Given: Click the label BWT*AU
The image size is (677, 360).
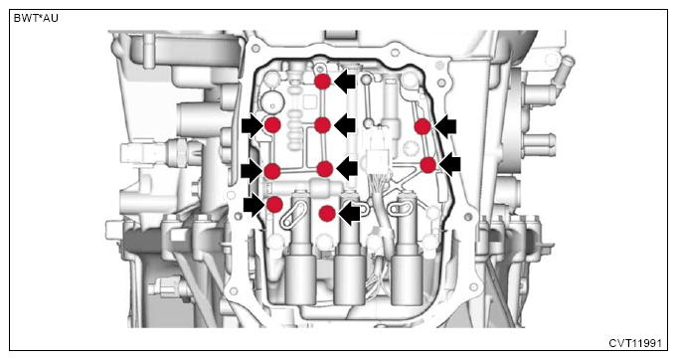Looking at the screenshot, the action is (36, 19).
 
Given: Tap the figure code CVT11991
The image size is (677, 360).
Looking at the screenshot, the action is (635, 343).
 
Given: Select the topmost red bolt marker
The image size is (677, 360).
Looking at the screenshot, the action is (322, 82).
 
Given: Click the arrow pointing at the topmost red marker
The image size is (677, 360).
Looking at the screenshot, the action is (345, 82).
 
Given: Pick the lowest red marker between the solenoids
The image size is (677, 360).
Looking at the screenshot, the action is (327, 213).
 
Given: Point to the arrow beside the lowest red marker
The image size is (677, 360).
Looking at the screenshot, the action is (349, 213).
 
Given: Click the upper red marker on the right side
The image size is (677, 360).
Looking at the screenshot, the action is (423, 127).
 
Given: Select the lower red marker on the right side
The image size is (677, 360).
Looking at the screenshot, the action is (427, 165).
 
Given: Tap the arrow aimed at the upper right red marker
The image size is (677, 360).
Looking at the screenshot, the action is (445, 127).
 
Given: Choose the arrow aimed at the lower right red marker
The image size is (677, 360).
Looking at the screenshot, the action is (450, 164).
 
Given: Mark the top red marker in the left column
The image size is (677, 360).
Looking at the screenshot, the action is (272, 125).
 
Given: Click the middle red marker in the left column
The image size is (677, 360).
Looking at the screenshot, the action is (272, 171).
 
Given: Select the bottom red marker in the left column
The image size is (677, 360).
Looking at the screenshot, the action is (275, 204).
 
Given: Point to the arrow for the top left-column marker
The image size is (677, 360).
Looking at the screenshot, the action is (253, 126).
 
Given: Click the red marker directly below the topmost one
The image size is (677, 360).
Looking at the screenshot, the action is (322, 125).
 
